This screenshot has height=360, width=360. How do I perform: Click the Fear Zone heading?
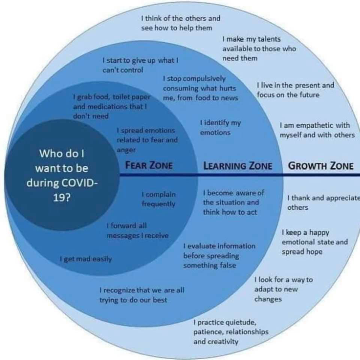pos(149,165)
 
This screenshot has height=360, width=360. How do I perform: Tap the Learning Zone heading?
pos(238,165)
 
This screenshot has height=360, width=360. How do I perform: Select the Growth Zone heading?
pos(321,165)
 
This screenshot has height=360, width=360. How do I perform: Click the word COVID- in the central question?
pos(62,183)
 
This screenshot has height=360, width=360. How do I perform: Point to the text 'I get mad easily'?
pos(86,259)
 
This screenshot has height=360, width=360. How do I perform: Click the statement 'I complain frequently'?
pos(158,199)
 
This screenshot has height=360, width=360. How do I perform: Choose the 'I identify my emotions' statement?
pos(220,127)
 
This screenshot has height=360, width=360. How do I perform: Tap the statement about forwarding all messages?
pos(138,231)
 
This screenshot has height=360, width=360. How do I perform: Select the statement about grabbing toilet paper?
pos(111,106)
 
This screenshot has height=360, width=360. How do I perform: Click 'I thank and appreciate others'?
pos(324,202)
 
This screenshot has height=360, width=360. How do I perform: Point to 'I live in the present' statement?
pos(295,90)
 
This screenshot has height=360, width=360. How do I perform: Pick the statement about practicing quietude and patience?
pos(231,332)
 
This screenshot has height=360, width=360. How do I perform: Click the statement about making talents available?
pos(259,48)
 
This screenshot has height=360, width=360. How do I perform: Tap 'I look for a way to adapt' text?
pos(283,289)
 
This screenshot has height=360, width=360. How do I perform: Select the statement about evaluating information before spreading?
pos(219,255)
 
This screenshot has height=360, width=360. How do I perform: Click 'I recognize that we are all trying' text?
pos(142,295)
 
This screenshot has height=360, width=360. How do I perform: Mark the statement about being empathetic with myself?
pos(317,130)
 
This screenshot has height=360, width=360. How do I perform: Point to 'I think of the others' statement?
pos(181,23)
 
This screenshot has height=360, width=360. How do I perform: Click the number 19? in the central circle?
pos(62,198)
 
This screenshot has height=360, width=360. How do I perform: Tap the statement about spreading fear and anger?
pos(147,140)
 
